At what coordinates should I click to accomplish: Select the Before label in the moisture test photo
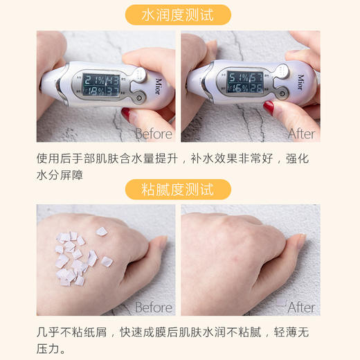pos(154,134)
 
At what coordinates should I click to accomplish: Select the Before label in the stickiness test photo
pos(154,307)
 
